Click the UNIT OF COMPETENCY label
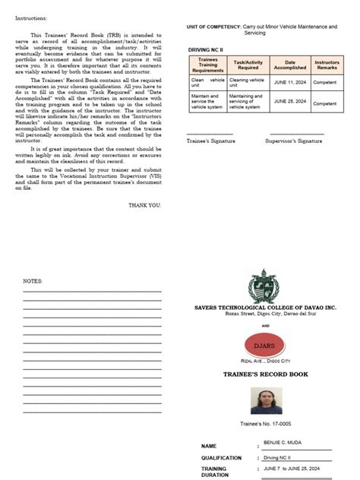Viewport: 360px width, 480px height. tap(213, 27)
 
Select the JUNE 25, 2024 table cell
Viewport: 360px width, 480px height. tap(289, 101)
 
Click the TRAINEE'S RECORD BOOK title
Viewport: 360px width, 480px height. tap(266, 374)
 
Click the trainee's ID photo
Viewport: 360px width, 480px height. tap(266, 400)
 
